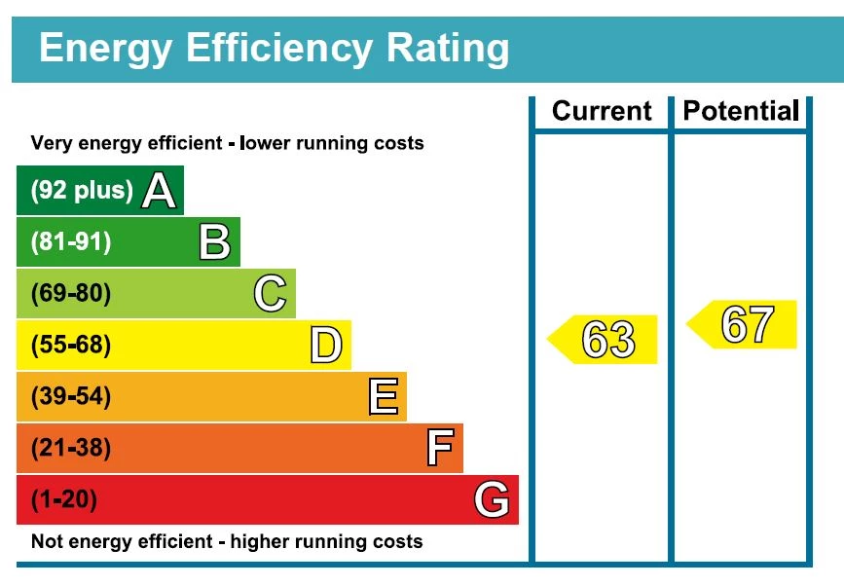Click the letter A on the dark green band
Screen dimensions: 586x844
159,191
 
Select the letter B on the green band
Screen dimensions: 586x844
214,242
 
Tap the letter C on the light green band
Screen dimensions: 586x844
270,294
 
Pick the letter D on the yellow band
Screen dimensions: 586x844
326,346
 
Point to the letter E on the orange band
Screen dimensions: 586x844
383,397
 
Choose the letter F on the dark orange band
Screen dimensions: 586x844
439,449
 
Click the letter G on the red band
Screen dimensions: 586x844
492,500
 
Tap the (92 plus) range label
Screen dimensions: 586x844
82,191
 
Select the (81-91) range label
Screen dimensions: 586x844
71,242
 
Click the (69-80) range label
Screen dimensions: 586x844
71,294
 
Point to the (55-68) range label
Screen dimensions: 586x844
71,346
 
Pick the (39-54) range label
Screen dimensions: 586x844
71,397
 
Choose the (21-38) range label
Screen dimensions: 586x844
71,449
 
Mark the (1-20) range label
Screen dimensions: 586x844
65,500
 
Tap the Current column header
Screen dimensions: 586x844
602,111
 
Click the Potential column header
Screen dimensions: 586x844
741,111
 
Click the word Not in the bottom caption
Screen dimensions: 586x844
48,541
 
